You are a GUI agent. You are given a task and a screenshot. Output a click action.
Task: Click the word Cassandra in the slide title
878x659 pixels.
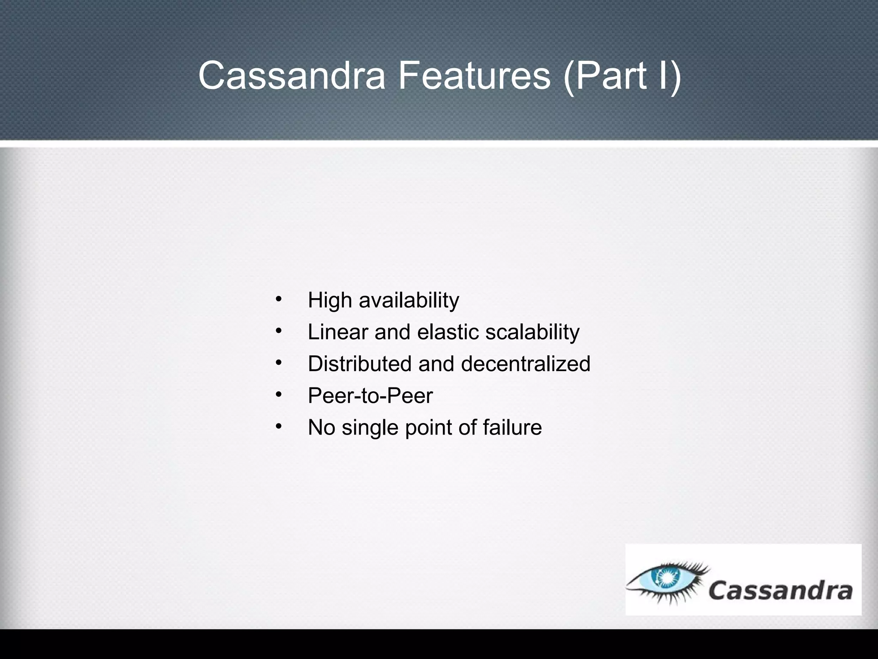click(292, 76)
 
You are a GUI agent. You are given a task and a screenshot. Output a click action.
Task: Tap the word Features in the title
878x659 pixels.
click(474, 76)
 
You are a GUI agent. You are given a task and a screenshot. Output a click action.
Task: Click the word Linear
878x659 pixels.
click(338, 332)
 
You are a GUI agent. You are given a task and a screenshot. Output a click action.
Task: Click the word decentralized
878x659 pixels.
click(526, 364)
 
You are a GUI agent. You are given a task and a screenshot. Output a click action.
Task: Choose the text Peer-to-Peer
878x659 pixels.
click(370, 396)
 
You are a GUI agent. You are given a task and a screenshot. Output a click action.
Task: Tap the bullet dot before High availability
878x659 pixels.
click(278, 299)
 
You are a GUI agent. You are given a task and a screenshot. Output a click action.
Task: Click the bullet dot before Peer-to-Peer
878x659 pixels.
click(278, 394)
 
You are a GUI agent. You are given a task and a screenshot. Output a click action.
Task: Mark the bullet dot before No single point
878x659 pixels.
click(278, 426)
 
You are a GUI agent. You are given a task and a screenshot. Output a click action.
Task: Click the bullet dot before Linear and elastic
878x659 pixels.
click(278, 331)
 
